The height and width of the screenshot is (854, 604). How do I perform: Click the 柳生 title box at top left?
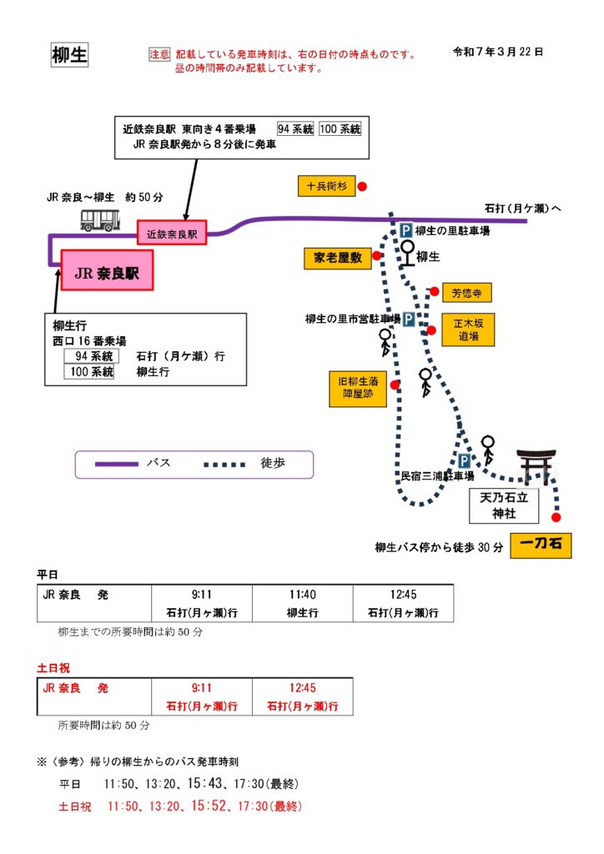point(69,55)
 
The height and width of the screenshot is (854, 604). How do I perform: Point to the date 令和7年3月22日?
point(498,52)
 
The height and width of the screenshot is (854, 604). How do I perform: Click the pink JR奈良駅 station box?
point(107,271)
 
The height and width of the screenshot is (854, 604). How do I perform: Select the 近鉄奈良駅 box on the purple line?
point(172,234)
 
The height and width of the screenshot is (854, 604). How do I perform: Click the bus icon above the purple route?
point(100,219)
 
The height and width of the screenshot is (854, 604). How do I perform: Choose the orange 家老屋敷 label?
point(337,259)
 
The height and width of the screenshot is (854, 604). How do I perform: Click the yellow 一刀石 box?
point(541,546)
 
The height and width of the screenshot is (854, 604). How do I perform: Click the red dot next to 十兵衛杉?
point(362,187)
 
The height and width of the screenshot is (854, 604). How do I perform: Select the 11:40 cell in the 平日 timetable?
point(302,595)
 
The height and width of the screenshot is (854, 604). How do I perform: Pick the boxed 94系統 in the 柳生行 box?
point(89,356)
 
